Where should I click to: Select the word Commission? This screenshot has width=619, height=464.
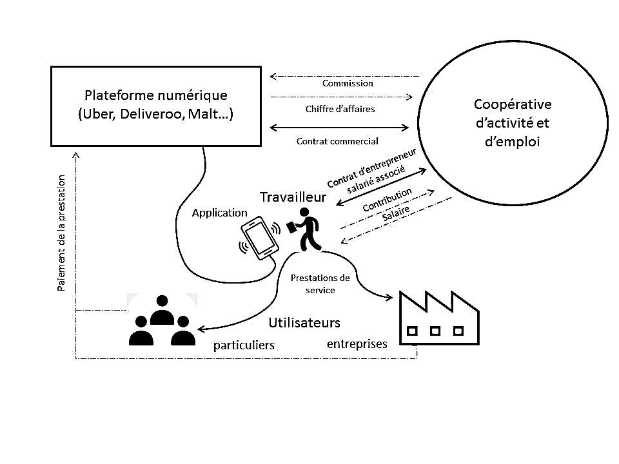point(347,83)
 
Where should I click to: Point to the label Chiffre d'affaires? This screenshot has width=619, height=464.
point(340,109)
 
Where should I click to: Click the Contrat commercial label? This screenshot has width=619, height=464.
point(337,140)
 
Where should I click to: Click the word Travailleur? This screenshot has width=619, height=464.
point(293,197)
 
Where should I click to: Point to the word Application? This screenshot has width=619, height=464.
point(219,213)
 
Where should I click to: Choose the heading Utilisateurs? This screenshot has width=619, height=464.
point(304,322)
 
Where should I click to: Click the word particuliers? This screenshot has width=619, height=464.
point(244,345)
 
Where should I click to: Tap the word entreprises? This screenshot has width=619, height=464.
point(357,343)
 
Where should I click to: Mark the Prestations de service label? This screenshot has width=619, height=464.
point(320,284)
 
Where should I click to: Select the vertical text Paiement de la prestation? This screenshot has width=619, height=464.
point(61,233)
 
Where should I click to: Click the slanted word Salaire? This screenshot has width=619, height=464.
point(396,215)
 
